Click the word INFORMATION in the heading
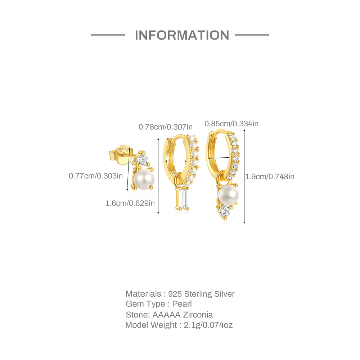(x=182, y=35)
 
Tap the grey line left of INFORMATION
(x=108, y=35)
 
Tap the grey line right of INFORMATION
(x=252, y=35)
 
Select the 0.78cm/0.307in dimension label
(x=166, y=127)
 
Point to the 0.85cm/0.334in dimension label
(x=231, y=124)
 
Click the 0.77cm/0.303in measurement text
(x=96, y=176)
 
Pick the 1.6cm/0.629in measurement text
(x=130, y=203)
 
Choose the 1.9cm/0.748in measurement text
(x=270, y=176)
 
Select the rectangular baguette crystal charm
(x=184, y=199)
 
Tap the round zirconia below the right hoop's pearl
(x=225, y=211)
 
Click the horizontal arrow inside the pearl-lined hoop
(x=176, y=162)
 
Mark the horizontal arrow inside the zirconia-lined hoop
(x=219, y=158)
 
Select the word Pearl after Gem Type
(x=182, y=304)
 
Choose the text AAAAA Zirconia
(x=183, y=315)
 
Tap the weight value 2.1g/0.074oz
(x=208, y=325)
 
